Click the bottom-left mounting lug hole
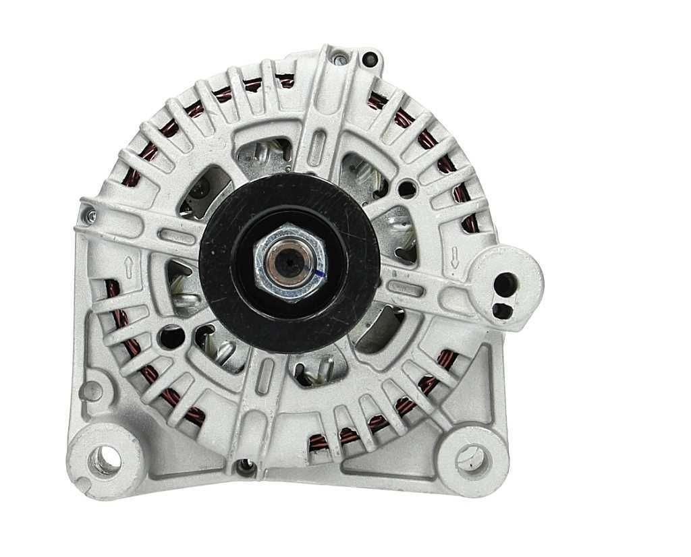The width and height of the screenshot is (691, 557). tap(107, 461)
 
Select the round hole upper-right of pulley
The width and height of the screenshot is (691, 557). tap(407, 189)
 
